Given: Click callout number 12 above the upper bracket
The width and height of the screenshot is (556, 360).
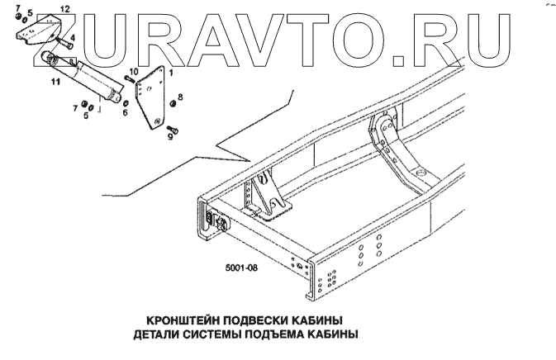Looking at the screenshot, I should pyautogui.click(x=65, y=7).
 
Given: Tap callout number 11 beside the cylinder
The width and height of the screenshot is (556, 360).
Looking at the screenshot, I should pyautogui.click(x=55, y=83).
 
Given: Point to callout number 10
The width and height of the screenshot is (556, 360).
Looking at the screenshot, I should pyautogui.click(x=133, y=73).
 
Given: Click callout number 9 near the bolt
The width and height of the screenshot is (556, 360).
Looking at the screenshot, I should pyautogui.click(x=170, y=139).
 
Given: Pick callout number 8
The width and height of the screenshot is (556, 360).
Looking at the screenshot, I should pyautogui.click(x=181, y=97).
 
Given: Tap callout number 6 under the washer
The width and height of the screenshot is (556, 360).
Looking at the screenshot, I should pyautogui.click(x=125, y=113).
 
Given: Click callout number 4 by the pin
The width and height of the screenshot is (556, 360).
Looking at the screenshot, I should pyautogui.click(x=74, y=37).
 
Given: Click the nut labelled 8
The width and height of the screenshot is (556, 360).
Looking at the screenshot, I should pyautogui.click(x=171, y=104).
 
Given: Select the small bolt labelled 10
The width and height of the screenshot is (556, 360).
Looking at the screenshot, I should pyautogui.click(x=129, y=81).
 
